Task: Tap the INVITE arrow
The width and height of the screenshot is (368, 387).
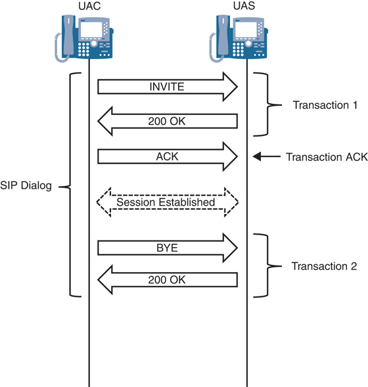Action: pyautogui.click(x=168, y=87)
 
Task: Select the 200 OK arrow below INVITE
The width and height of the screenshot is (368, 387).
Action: pyautogui.click(x=168, y=121)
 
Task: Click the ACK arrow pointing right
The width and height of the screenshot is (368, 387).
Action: pyautogui.click(x=168, y=156)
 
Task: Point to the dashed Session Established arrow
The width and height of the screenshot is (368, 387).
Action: pyautogui.click(x=168, y=202)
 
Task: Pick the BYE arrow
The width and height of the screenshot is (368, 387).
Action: pyautogui.click(x=168, y=248)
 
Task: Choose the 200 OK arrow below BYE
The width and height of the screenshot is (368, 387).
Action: pyautogui.click(x=168, y=280)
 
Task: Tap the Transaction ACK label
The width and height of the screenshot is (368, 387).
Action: pyautogui.click(x=326, y=157)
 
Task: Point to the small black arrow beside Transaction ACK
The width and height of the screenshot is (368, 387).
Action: pyautogui.click(x=266, y=157)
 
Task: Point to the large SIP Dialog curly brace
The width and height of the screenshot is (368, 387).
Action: pyautogui.click(x=71, y=186)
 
